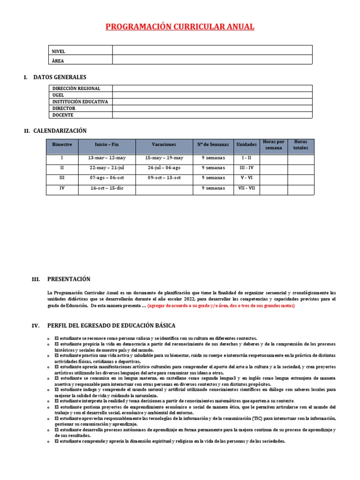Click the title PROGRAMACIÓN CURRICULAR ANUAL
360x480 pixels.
tap(180, 27)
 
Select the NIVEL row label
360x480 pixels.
tap(59, 51)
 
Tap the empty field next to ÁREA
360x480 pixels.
tap(212, 60)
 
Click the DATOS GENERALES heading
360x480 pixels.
tap(60, 77)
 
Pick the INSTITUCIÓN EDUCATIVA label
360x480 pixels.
tap(80, 102)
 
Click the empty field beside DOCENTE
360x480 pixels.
tap(212, 115)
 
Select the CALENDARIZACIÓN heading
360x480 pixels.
tap(60, 131)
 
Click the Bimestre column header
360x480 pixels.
tap(62, 145)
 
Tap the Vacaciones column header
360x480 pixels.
tap(164, 145)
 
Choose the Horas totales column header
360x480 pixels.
tap(300, 145)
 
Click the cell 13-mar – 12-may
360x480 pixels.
tap(107, 158)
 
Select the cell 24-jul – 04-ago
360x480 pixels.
tap(164, 168)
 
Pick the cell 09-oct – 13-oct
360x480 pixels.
tap(164, 178)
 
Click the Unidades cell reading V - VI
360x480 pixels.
tap(246, 178)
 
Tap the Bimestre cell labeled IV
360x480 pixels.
tap(62, 188)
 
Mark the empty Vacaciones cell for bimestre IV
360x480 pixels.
tap(164, 189)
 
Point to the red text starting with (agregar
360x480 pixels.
tap(221, 306)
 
